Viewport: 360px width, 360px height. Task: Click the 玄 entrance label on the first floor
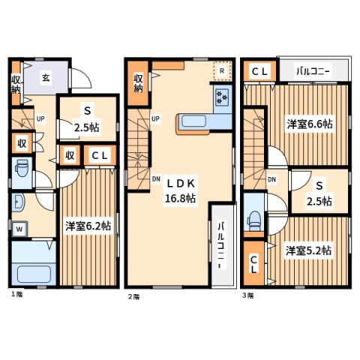(46, 76)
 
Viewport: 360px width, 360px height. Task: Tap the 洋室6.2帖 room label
(86, 224)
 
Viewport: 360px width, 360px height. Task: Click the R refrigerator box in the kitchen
(221, 71)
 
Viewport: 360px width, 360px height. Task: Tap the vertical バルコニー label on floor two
(222, 244)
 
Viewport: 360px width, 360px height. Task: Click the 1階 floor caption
(16, 295)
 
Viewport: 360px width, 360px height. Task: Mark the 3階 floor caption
(247, 295)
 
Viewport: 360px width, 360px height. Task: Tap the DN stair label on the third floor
(272, 179)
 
